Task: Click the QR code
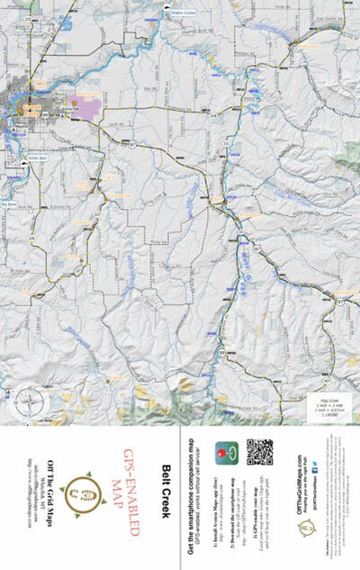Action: pos(259,451)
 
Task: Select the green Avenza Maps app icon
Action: pos(225,451)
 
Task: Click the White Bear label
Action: pos(37,158)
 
